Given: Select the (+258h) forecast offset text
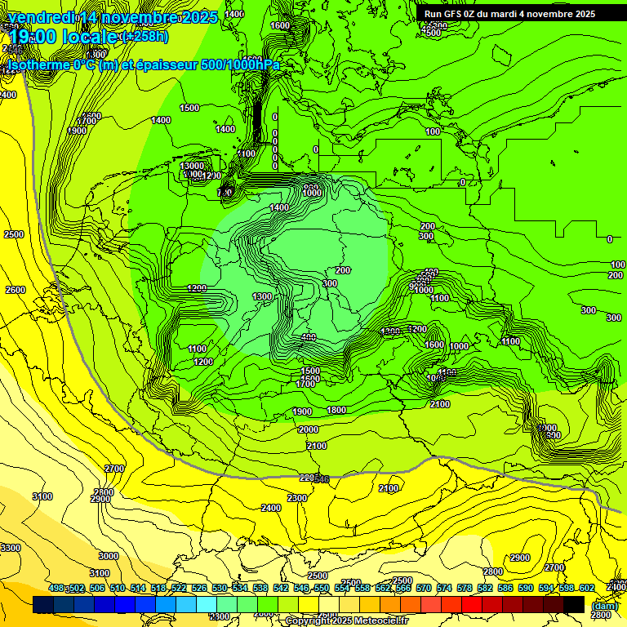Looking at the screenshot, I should [x=145, y=37].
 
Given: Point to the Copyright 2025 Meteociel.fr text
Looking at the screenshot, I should [x=346, y=620].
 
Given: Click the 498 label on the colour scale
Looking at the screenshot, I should [x=56, y=588].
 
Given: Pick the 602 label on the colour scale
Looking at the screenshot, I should [x=586, y=588].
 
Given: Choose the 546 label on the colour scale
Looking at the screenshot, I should [x=301, y=588].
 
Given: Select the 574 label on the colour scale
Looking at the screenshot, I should [x=444, y=588].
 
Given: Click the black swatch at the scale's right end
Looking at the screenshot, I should [x=574, y=604].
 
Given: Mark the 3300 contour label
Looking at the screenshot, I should [x=11, y=548].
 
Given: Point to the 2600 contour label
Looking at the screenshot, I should [x=15, y=290].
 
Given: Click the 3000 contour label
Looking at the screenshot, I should [x=108, y=556].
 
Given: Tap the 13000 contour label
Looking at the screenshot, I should [x=192, y=166].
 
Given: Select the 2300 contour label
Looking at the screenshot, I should [x=296, y=498].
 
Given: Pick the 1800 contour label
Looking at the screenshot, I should [x=336, y=411].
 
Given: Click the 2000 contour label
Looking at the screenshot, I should [x=309, y=429].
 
